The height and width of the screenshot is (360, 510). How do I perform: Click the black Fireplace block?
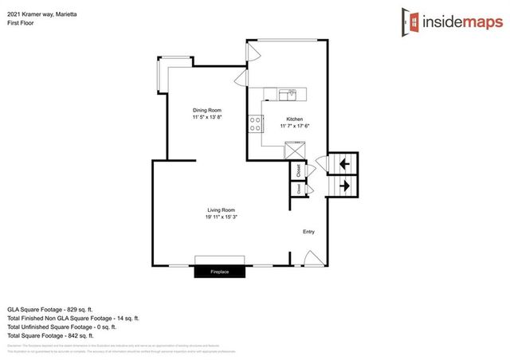point(220,272)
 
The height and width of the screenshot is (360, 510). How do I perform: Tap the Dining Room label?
point(206,110)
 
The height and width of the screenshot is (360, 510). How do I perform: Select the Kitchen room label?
point(294,118)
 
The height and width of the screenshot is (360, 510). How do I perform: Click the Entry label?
point(308,233)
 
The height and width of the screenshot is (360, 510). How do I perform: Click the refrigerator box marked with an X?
point(296,150)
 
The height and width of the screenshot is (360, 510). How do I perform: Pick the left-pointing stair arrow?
point(343,164)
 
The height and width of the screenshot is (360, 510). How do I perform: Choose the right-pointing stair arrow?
point(343,186)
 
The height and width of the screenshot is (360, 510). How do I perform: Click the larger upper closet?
point(298,169)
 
